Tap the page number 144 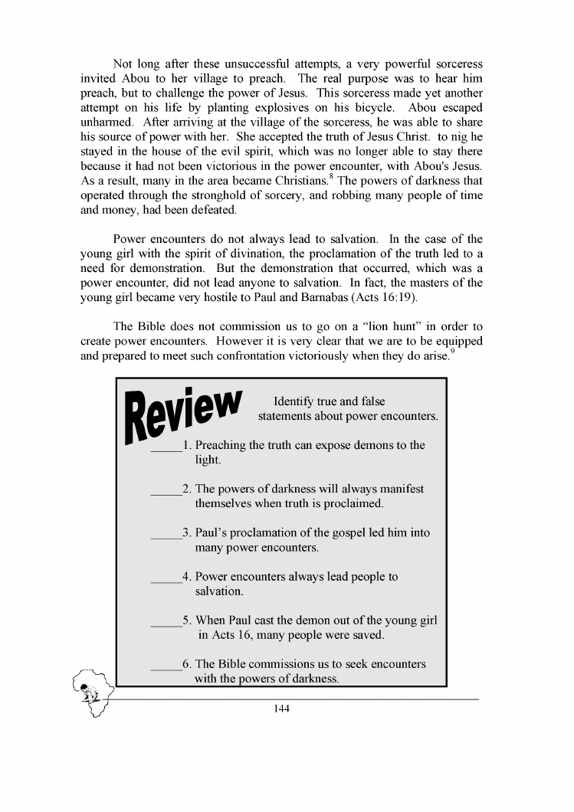pyautogui.click(x=280, y=708)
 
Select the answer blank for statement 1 pyautogui.click(x=166, y=450)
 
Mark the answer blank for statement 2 pyautogui.click(x=166, y=493)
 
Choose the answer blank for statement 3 pyautogui.click(x=166, y=537)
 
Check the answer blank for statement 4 pyautogui.click(x=166, y=581)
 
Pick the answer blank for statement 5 pyautogui.click(x=166, y=625)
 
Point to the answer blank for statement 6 pyautogui.click(x=166, y=669)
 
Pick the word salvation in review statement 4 pyautogui.click(x=219, y=591)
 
